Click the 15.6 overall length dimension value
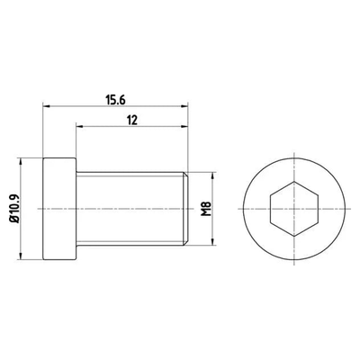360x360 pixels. (x=115, y=100)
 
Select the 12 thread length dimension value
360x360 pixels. (x=132, y=121)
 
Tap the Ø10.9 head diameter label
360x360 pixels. (x=15, y=209)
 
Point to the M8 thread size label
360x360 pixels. (x=206, y=209)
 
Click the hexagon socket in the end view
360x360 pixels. (x=293, y=209)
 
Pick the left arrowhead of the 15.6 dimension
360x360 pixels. (x=46, y=105)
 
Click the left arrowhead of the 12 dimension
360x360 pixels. (x=79, y=126)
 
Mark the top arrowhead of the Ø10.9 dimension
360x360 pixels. (x=21, y=161)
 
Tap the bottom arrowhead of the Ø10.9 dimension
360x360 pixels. (x=21, y=256)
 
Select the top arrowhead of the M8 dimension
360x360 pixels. (x=212, y=175)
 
